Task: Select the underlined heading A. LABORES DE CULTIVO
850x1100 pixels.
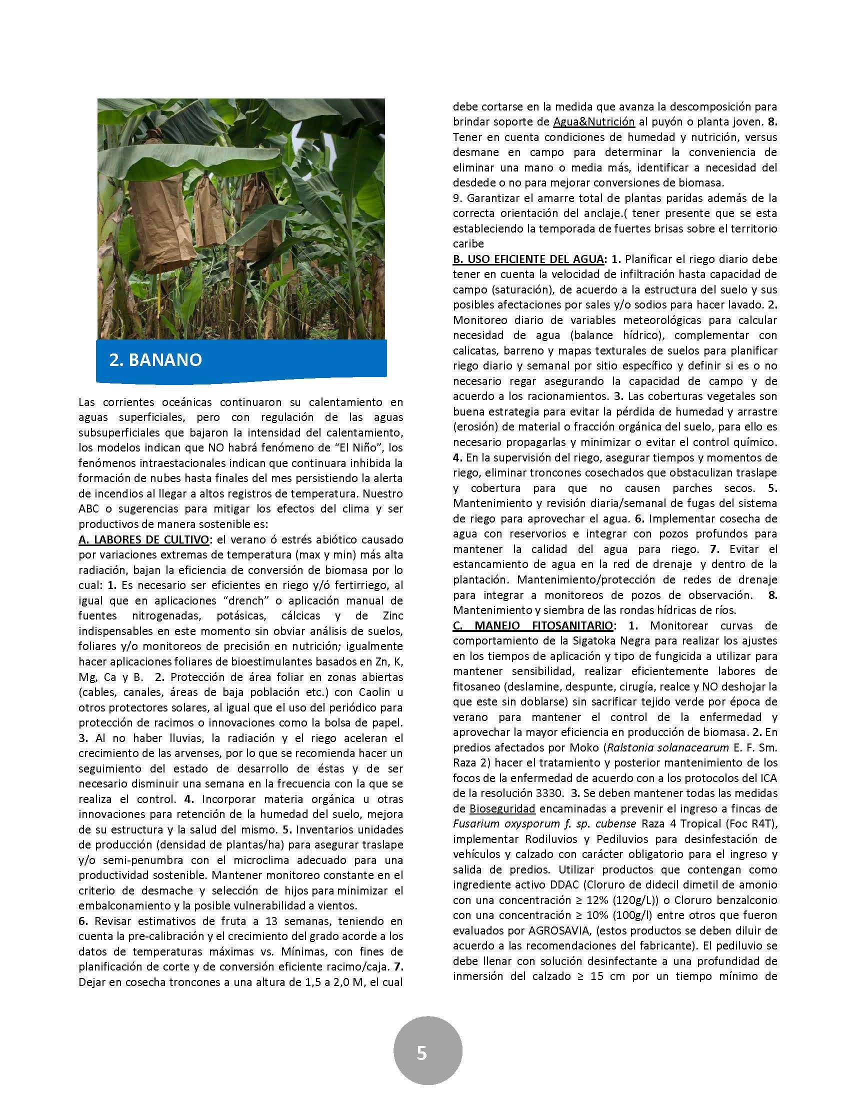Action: click(143, 539)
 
